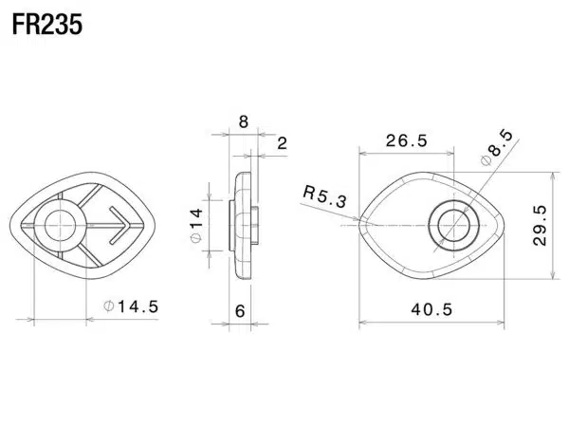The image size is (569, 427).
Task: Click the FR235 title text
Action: [47, 25]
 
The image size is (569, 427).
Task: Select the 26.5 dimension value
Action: [407, 140]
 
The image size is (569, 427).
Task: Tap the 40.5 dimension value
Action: [431, 309]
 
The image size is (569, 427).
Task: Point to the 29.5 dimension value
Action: [540, 226]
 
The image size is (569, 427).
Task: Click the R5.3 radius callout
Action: [324, 196]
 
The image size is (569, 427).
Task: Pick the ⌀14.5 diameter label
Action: [131, 306]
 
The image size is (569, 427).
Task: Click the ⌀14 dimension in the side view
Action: [196, 225]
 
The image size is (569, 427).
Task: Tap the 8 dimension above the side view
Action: [244, 121]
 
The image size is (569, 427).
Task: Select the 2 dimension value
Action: [282, 143]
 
